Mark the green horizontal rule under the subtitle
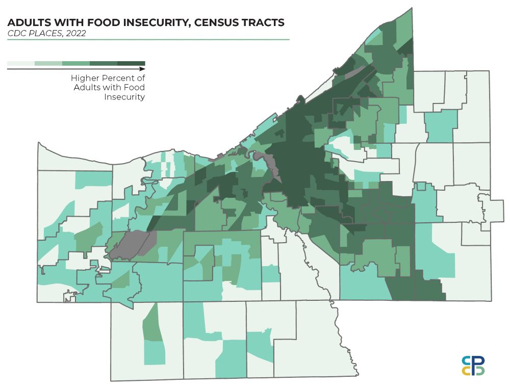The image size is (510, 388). click(148, 39)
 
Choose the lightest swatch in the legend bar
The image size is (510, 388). click(21, 63)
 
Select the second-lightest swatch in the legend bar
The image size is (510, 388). click(48, 63)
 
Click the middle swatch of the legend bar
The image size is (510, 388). click(76, 63)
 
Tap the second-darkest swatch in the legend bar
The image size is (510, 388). click(104, 63)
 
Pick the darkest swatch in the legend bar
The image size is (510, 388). click(131, 63)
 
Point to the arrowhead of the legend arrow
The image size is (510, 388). click(142, 68)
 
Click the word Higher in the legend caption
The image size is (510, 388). click(84, 79)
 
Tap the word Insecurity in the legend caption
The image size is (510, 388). click(124, 97)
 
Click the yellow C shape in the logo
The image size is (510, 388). click(466, 371)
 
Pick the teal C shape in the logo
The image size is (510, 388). click(466, 360)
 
